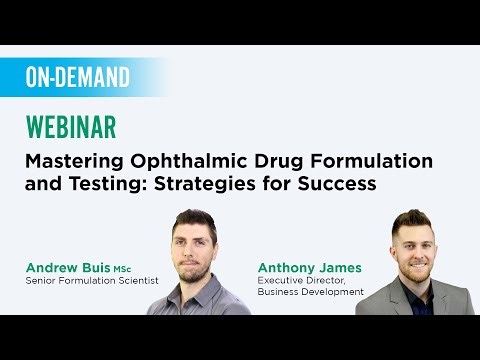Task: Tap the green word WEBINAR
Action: pos(70,127)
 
